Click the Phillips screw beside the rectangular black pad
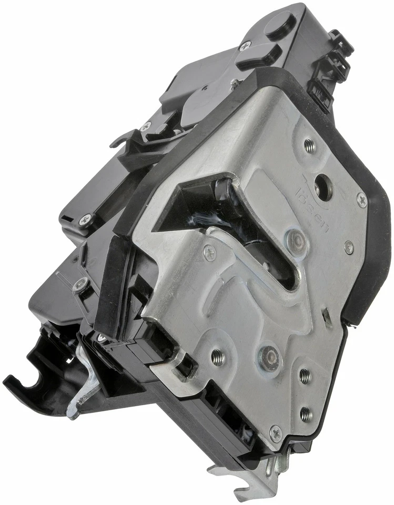245,46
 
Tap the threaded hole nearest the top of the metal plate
310,145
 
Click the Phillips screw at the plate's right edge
362,199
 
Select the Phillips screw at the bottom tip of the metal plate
276,435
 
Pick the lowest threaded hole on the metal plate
306,414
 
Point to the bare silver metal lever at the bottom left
87,384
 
